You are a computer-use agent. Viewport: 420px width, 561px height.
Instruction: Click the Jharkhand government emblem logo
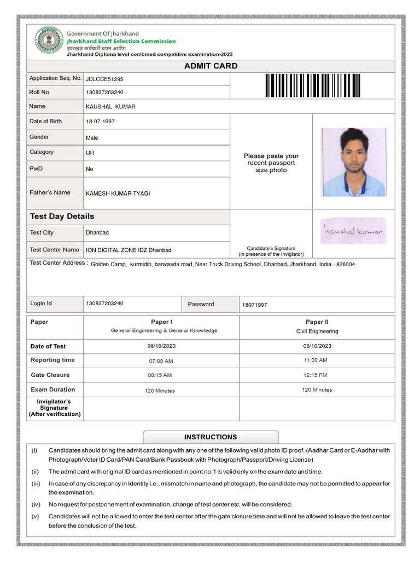pos(49,41)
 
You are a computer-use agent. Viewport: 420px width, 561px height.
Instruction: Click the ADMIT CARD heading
pos(211,66)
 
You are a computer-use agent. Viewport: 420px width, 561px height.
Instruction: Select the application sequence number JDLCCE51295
pos(108,79)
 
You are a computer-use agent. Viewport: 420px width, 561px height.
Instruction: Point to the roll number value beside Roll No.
pos(104,93)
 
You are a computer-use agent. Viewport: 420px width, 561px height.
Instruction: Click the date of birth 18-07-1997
pos(100,122)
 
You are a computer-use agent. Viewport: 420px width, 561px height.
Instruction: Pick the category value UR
pos(90,153)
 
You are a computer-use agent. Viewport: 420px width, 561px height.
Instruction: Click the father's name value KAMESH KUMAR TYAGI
pos(118,193)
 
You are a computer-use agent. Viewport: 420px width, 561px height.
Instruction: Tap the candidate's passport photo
pos(353,162)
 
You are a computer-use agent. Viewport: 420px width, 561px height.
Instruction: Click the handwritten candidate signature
pos(353,232)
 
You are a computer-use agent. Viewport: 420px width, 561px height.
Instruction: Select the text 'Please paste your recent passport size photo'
pos(271,163)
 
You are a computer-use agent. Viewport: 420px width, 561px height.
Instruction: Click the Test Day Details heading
pos(62,216)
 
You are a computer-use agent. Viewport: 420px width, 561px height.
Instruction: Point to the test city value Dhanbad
pos(97,233)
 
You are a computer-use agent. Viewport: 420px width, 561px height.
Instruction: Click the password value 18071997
pos(254,305)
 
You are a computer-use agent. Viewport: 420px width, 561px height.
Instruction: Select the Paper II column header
pos(317,322)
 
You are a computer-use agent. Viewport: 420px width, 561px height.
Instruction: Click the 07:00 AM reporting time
pos(161,361)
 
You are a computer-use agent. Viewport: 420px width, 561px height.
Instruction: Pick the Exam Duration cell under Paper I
pos(160,391)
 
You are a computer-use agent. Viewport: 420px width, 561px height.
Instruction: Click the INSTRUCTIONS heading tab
pos(211,437)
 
